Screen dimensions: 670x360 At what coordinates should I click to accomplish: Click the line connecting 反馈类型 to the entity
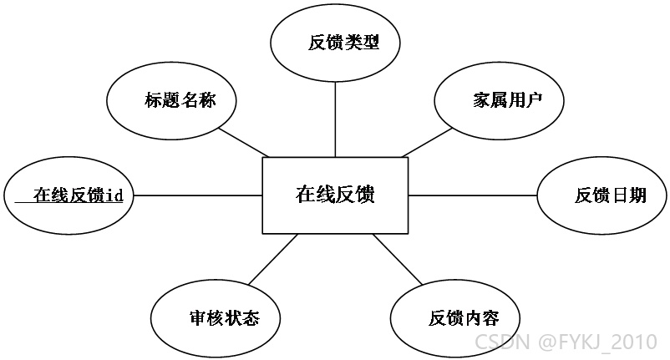tap(335, 119)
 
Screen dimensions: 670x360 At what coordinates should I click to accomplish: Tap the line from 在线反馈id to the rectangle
tap(198, 195)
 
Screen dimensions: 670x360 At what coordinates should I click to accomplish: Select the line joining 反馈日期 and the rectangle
tap(473, 195)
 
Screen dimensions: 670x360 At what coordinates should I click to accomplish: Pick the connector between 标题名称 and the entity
tap(244, 142)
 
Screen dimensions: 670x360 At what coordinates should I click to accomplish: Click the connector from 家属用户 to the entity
tap(427, 143)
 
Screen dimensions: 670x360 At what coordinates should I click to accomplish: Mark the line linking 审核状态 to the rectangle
tap(273, 259)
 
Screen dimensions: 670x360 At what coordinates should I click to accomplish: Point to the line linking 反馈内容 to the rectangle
tap(398, 259)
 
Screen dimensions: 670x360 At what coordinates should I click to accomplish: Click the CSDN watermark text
tap(502, 342)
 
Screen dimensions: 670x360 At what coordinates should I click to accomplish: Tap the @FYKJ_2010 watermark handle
tap(598, 342)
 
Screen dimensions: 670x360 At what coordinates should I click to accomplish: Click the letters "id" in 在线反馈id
tap(114, 195)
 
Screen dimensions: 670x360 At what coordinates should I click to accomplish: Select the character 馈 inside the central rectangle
tap(365, 195)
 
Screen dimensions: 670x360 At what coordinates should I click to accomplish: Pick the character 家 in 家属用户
tap(481, 100)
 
